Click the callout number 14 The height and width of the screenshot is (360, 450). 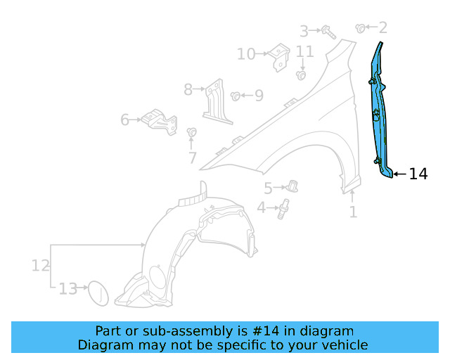418,174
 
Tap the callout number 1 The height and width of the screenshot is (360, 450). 353,211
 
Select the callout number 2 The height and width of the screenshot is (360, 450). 382,28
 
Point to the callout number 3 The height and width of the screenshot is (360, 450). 304,31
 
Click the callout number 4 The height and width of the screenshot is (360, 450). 261,207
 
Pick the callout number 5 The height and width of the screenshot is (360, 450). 268,188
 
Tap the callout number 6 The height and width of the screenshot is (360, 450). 124,120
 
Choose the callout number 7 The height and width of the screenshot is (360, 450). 192,158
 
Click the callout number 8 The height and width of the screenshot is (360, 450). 188,89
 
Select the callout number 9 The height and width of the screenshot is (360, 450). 259,95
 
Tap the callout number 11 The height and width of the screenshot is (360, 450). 304,51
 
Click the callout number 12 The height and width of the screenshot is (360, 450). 40,265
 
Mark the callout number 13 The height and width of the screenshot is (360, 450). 67,288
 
